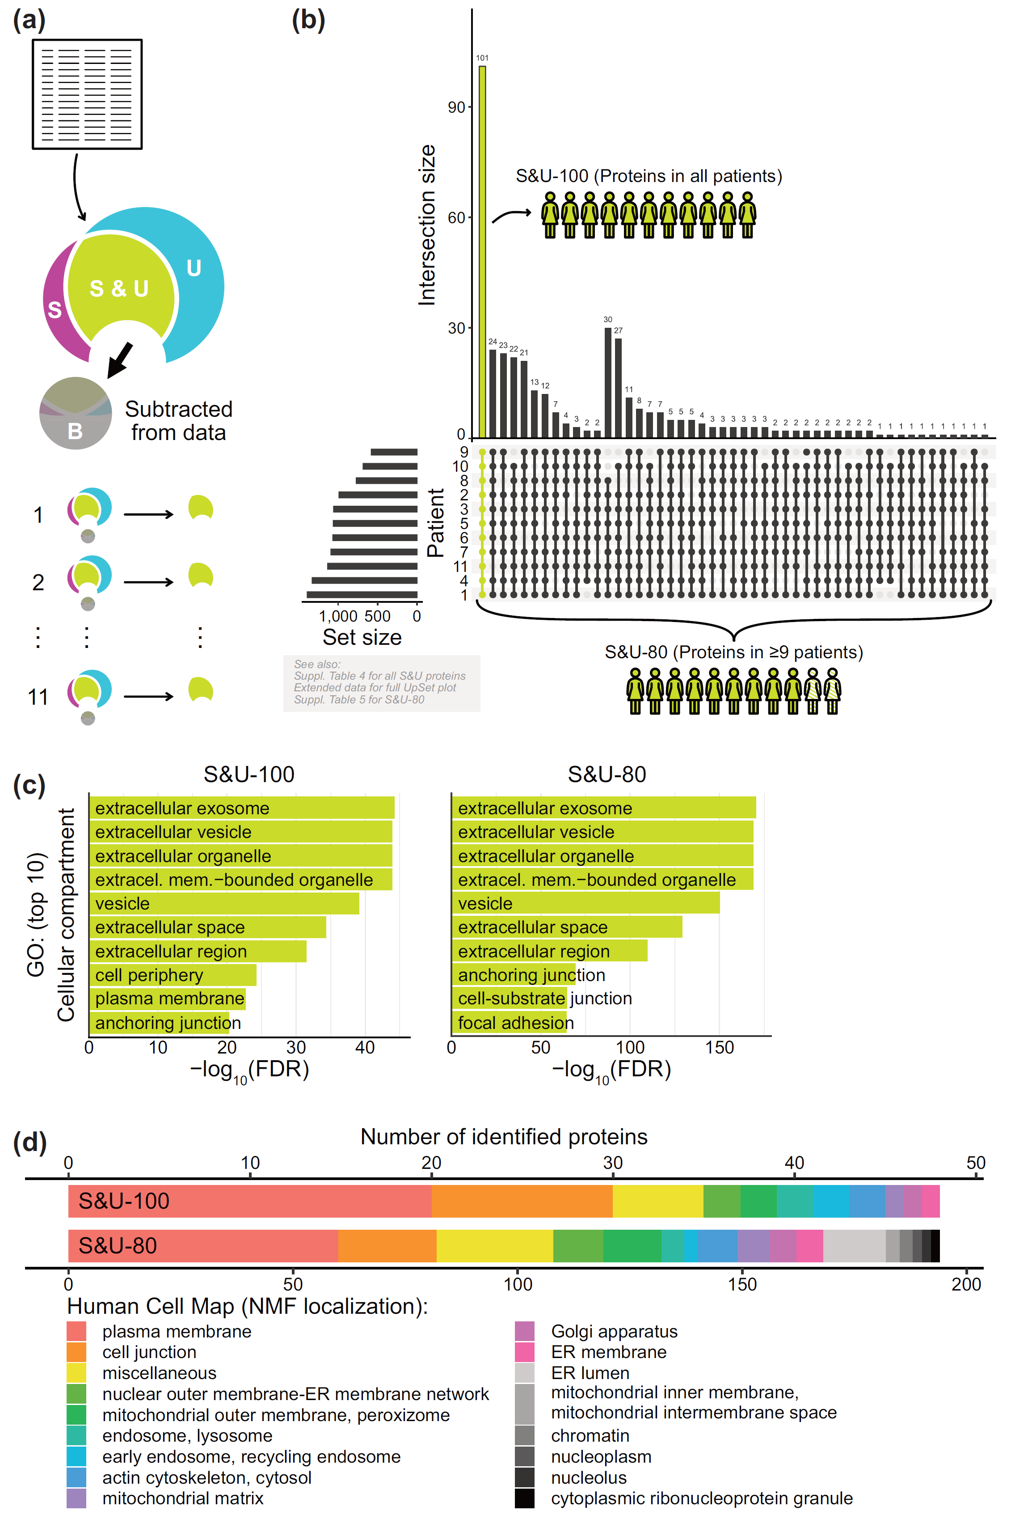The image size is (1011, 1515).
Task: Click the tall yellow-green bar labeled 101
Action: click(482, 252)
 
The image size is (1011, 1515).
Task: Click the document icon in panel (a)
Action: click(87, 94)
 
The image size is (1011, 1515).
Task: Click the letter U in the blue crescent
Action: click(194, 268)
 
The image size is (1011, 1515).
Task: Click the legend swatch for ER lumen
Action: click(524, 1373)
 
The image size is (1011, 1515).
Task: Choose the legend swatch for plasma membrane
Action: click(76, 1331)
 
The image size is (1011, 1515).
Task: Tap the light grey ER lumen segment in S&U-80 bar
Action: click(854, 1245)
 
